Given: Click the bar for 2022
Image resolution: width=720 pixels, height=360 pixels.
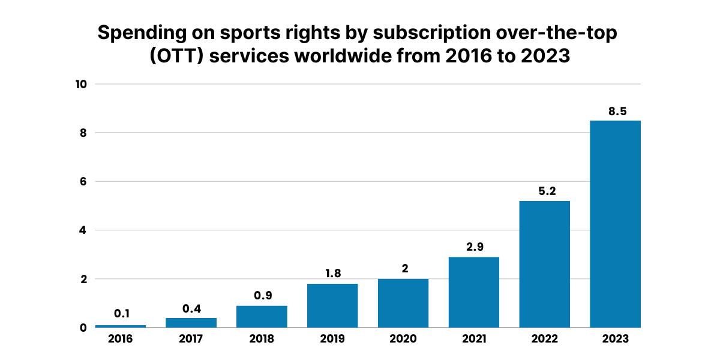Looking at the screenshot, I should pyautogui.click(x=544, y=264).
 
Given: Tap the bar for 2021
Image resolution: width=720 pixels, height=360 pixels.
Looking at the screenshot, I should pyautogui.click(x=474, y=292).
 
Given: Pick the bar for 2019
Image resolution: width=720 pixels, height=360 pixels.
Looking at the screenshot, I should pyautogui.click(x=332, y=305).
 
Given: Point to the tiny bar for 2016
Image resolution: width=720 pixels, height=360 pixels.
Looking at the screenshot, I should pyautogui.click(x=121, y=326).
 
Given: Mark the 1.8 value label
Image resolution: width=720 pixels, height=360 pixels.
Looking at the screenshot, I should pyautogui.click(x=332, y=274).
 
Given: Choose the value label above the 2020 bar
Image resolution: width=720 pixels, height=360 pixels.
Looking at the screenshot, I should pyautogui.click(x=403, y=269).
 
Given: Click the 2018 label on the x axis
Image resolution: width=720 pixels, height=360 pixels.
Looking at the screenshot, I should pyautogui.click(x=262, y=339).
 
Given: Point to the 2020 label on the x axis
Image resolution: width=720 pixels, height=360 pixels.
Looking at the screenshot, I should pyautogui.click(x=403, y=339).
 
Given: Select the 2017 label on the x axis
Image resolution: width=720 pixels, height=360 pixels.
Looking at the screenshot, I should pyautogui.click(x=191, y=339).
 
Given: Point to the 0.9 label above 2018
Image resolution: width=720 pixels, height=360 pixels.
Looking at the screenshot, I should pyautogui.click(x=262, y=296).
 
